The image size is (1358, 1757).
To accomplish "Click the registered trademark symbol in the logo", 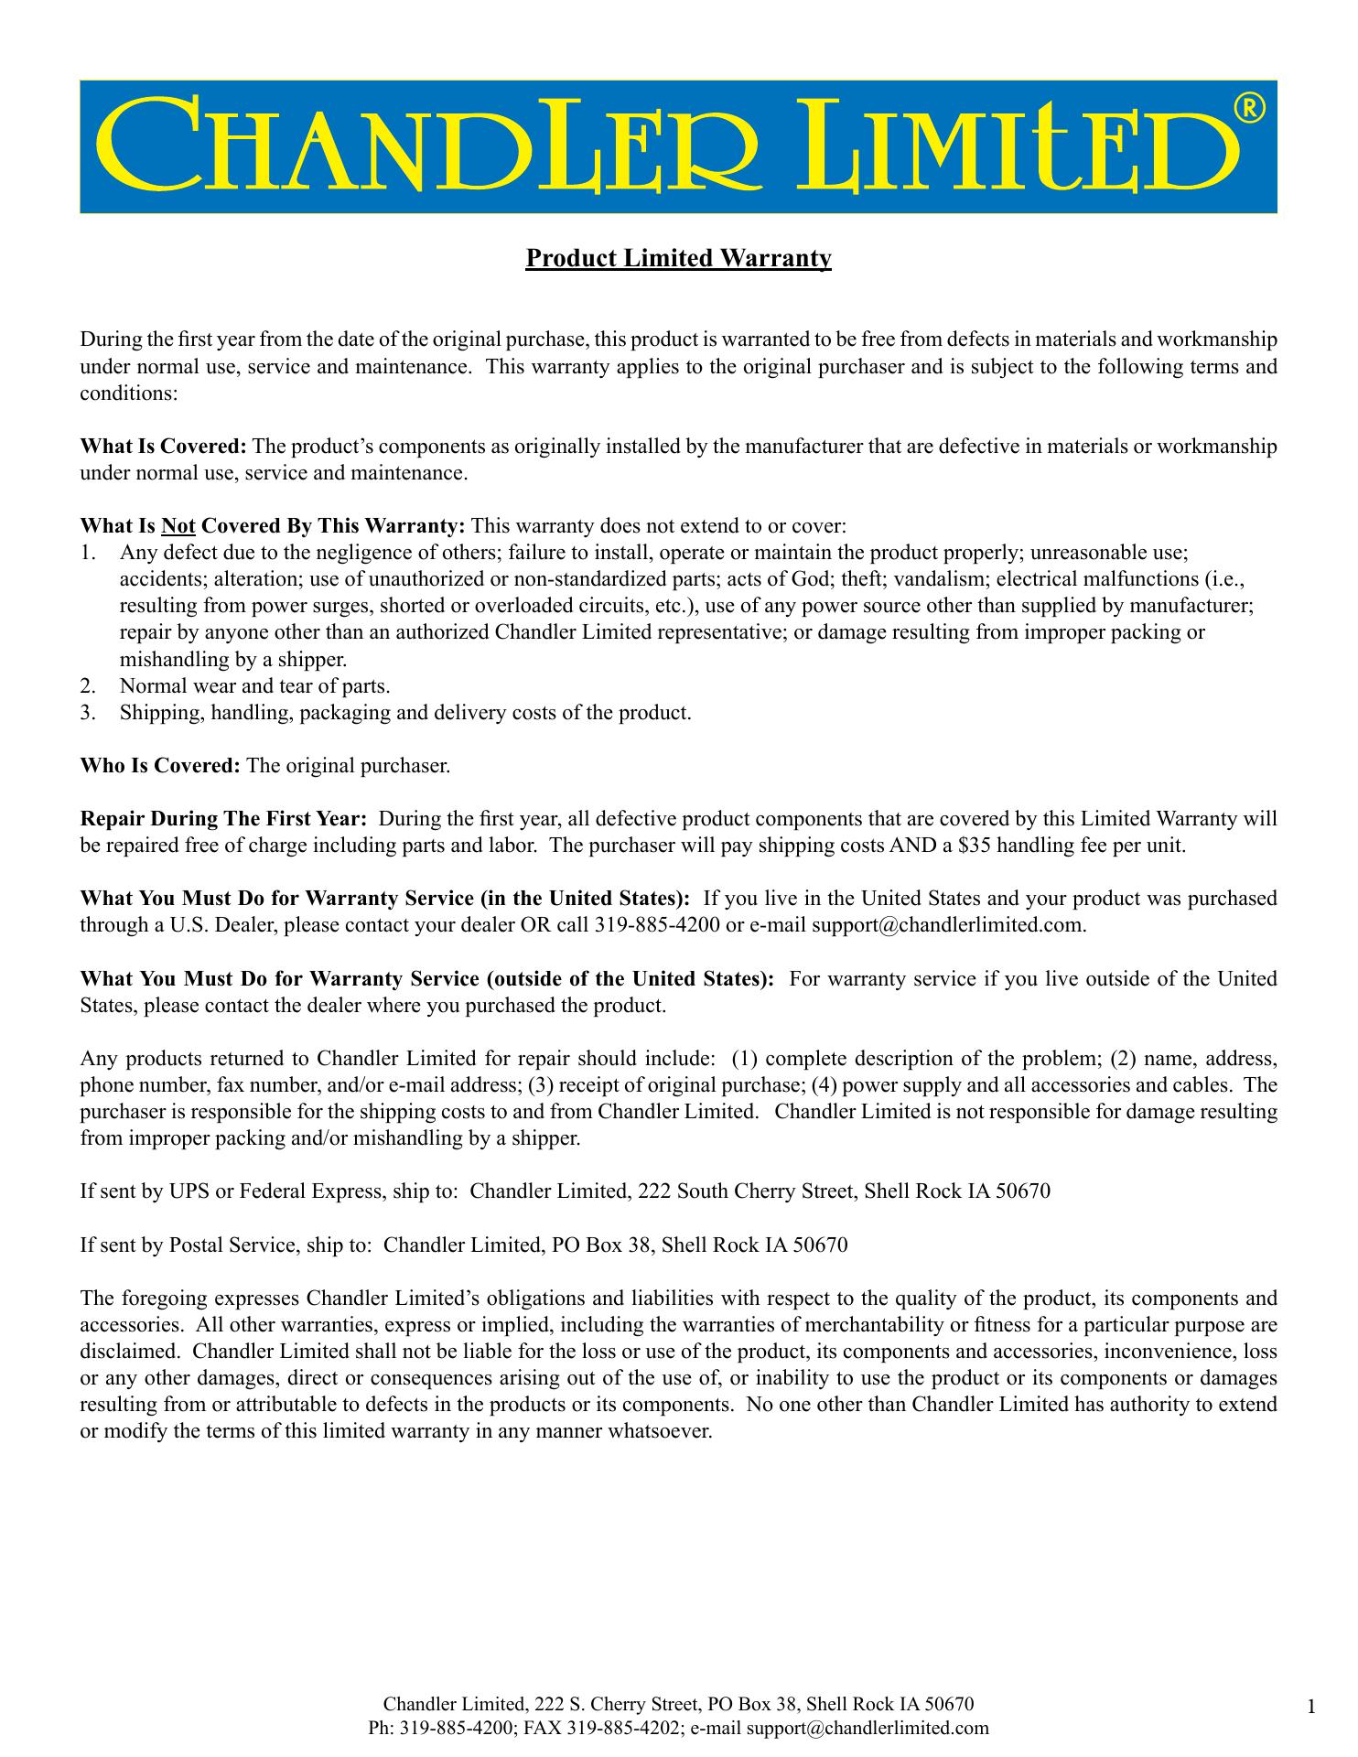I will [x=1249, y=109].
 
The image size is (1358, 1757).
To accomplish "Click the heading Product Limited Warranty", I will [x=678, y=259].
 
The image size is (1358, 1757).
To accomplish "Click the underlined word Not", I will [x=178, y=526].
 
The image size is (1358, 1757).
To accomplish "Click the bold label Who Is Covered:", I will [x=160, y=765].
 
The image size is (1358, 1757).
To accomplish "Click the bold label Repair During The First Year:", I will [x=224, y=818].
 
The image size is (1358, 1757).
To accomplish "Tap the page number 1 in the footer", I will [x=1311, y=1706].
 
